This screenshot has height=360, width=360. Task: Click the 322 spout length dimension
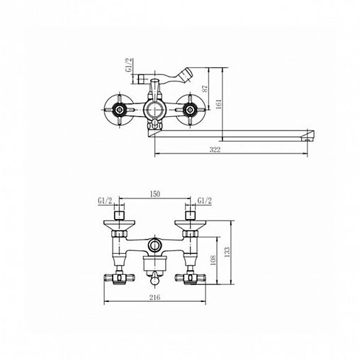tap(215, 150)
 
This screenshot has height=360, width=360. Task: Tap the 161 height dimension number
tap(219, 104)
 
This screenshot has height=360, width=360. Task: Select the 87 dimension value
tap(206, 89)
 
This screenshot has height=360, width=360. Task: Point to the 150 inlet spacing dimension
tap(154, 194)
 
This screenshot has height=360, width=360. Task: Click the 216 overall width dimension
tap(154, 297)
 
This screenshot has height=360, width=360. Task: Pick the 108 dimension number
tap(213, 260)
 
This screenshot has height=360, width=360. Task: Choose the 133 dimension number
tap(227, 252)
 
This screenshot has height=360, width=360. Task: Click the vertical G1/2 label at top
tap(129, 65)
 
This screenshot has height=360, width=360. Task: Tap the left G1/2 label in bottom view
tap(105, 201)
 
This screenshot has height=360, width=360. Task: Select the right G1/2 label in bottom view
tap(205, 201)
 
